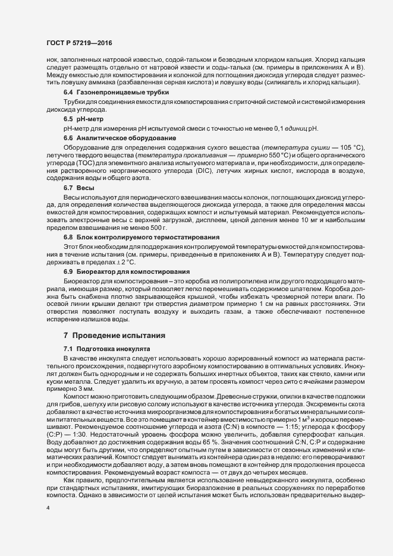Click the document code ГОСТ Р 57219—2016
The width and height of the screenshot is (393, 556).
(x=79, y=43)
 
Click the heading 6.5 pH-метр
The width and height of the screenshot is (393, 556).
(x=81, y=119)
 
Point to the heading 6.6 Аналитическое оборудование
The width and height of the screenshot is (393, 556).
(x=110, y=137)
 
